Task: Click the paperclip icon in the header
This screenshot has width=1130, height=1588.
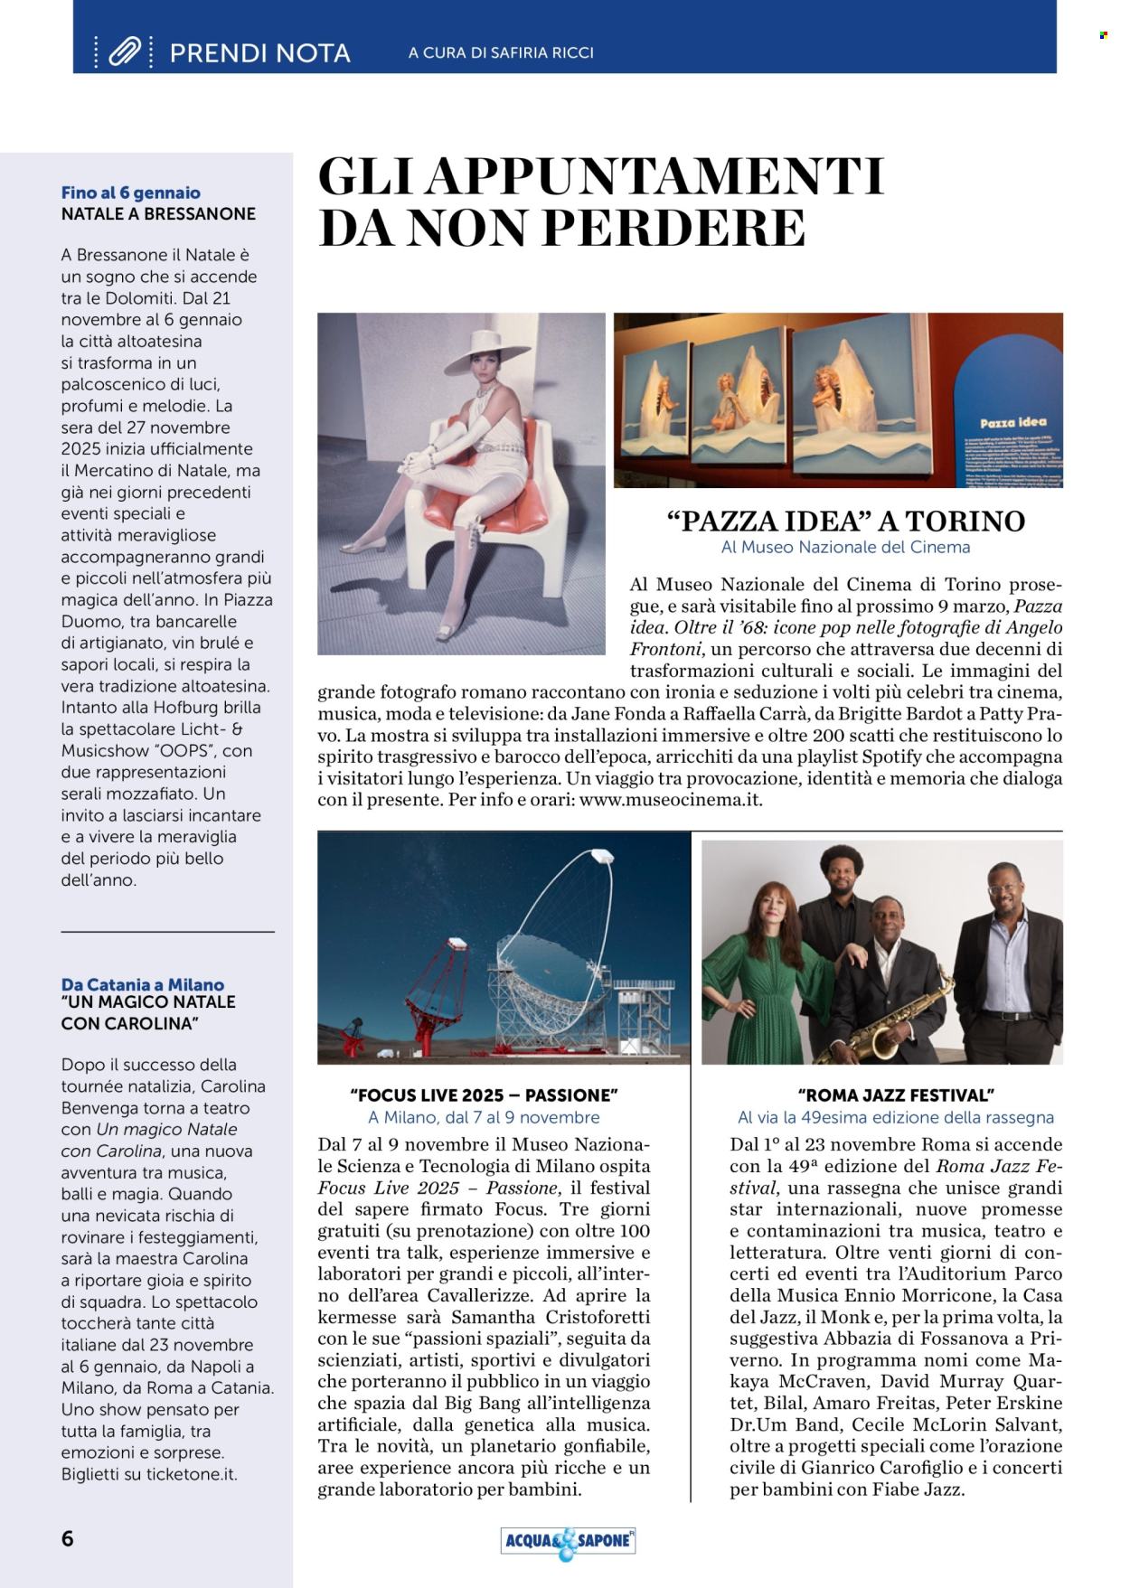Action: coord(123,52)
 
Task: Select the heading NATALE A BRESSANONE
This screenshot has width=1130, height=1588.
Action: coord(158,214)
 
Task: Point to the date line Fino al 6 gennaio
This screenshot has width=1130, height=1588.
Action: coord(131,193)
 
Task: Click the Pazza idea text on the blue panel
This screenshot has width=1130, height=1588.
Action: coord(1007,423)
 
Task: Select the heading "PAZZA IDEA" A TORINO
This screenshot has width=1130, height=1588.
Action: coord(845,522)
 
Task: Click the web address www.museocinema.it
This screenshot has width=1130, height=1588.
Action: coord(671,800)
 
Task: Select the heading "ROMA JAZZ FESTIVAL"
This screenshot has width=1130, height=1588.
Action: coord(895,1095)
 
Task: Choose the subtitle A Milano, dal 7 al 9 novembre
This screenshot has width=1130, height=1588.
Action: coord(484,1118)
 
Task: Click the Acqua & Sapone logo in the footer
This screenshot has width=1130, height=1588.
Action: coord(568,1541)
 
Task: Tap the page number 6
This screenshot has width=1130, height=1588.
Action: coord(68,1539)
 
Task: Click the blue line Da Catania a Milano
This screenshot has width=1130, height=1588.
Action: coord(143,984)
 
